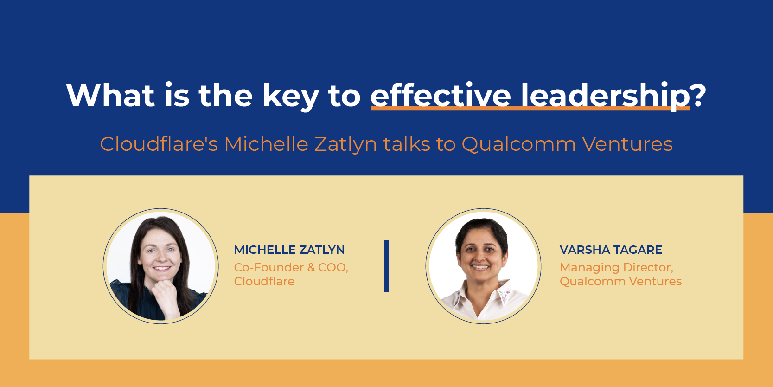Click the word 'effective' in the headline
(x=440, y=96)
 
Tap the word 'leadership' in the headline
(x=605, y=96)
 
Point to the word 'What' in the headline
(x=110, y=96)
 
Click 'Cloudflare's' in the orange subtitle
(x=159, y=144)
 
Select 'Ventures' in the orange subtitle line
(x=627, y=144)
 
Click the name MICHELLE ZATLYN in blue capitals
(x=289, y=250)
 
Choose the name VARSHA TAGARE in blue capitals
(x=611, y=250)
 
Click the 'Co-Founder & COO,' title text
(x=291, y=267)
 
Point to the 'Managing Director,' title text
(x=616, y=267)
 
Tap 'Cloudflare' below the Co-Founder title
(x=264, y=281)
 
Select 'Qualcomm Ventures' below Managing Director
(x=620, y=281)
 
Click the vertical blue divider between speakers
(x=386, y=266)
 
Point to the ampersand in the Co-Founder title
(x=311, y=267)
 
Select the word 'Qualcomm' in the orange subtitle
(x=518, y=144)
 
